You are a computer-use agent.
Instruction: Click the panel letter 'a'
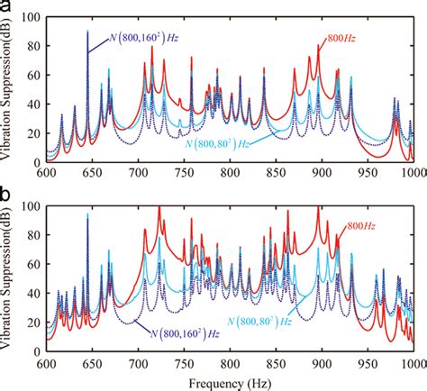(7, 8)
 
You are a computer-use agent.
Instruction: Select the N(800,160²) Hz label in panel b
(179, 332)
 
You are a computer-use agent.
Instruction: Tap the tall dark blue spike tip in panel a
(87, 31)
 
